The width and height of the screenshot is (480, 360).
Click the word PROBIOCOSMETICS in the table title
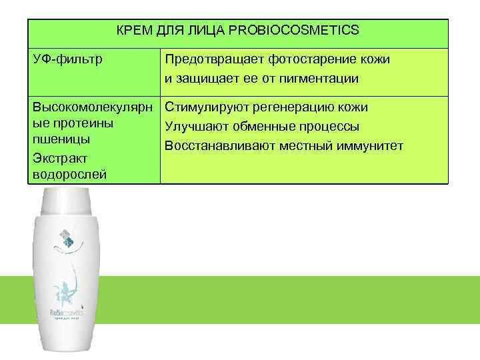click(303, 30)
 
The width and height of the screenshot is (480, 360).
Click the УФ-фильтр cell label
click(67, 59)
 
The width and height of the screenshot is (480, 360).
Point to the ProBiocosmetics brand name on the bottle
click(65, 311)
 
